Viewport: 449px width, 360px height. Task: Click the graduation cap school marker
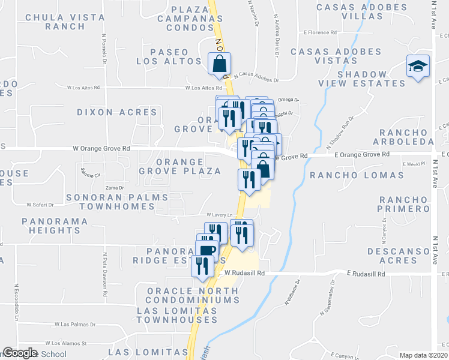pyautogui.click(x=417, y=65)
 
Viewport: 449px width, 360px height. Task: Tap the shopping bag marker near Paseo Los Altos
pyautogui.click(x=220, y=62)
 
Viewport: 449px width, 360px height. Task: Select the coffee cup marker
pyautogui.click(x=206, y=250)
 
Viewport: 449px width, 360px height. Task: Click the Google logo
pyautogui.click(x=20, y=353)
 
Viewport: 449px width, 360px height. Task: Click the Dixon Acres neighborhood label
pyautogui.click(x=117, y=112)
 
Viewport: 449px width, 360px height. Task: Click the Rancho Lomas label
pyautogui.click(x=357, y=175)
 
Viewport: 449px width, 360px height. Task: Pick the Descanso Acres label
pyautogui.click(x=400, y=256)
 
